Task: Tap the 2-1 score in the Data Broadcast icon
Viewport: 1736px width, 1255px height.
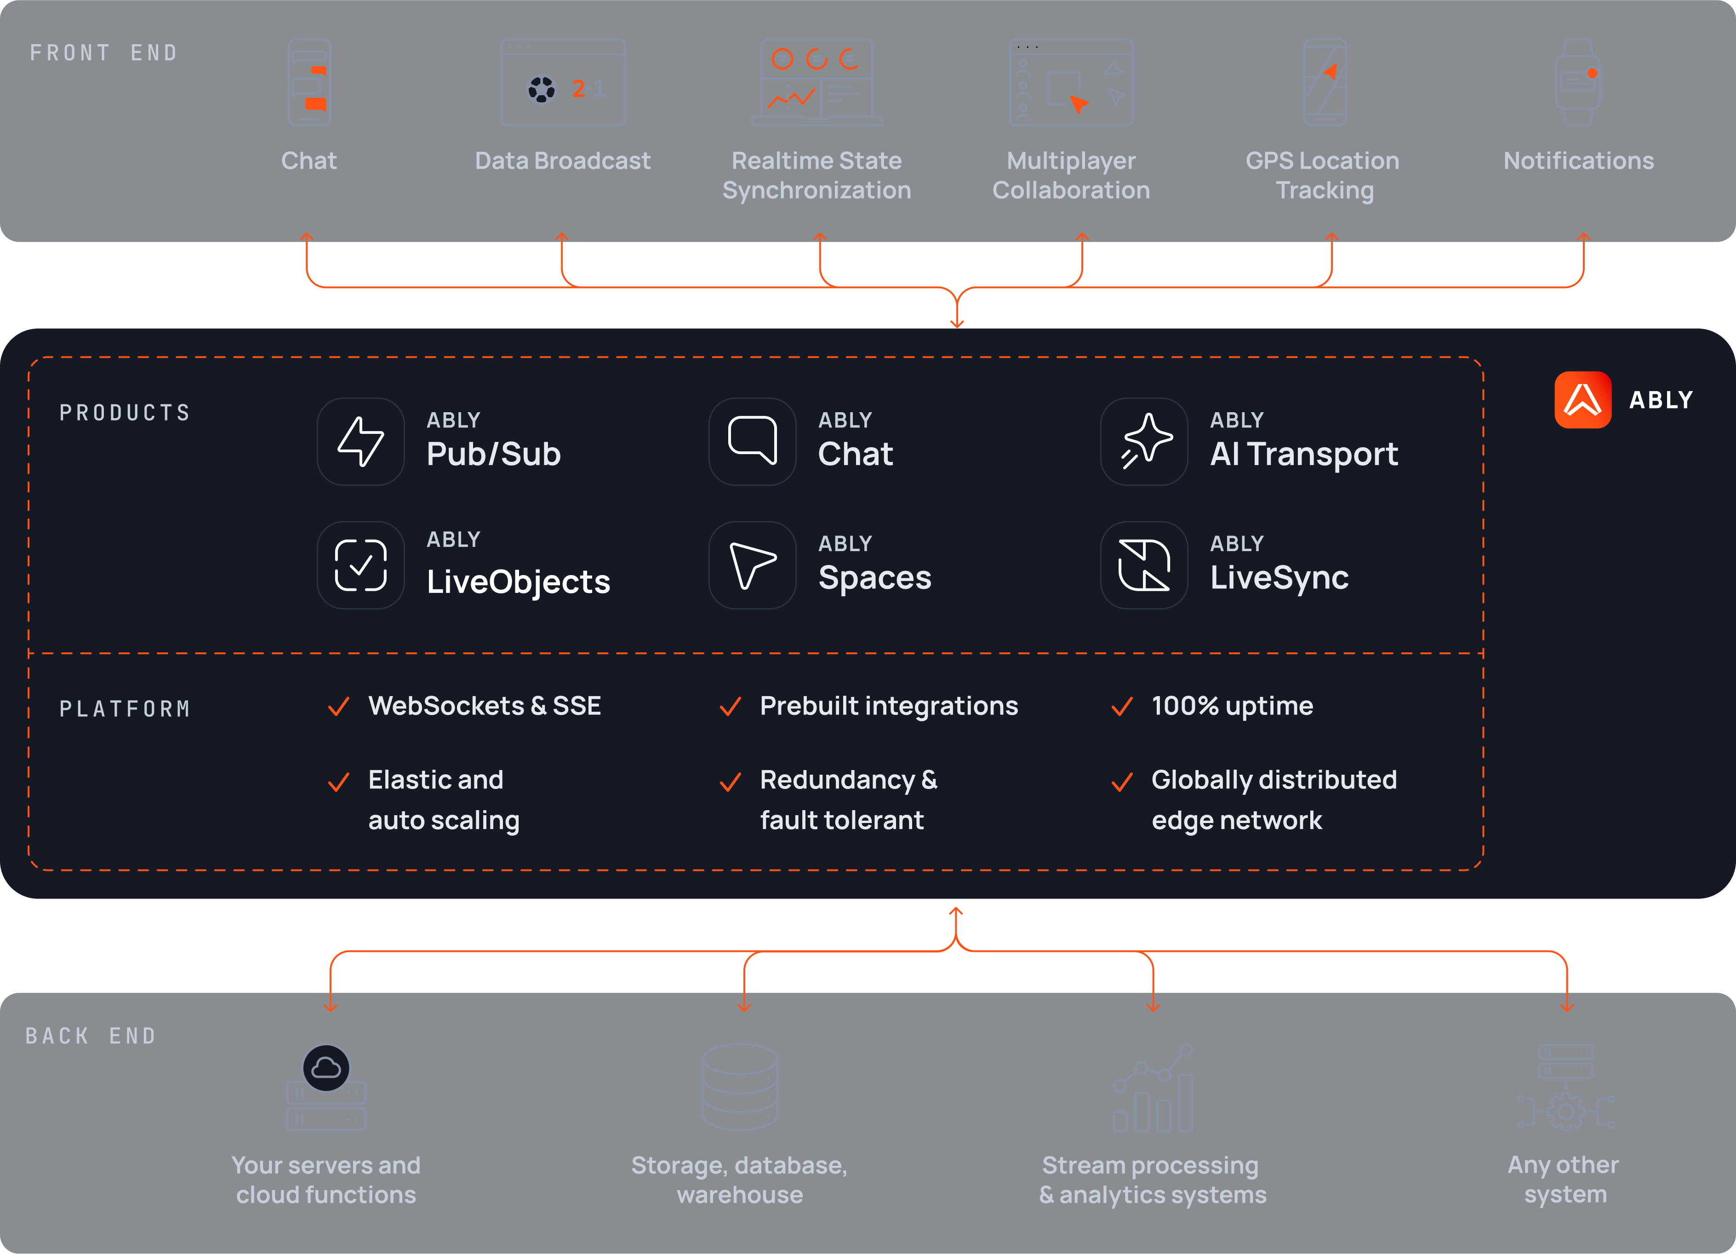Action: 588,89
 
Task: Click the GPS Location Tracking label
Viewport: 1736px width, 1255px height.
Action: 1324,175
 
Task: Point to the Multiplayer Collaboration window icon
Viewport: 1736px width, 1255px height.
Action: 1071,83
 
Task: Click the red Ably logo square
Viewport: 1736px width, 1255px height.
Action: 1582,400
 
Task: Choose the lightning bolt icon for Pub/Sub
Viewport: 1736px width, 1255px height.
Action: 360,441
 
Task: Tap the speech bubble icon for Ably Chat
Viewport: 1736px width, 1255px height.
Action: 753,441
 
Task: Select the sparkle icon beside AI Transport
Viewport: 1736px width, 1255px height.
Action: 1144,441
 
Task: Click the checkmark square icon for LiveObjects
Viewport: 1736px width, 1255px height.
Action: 360,565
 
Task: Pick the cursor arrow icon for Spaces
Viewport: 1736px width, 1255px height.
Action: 753,565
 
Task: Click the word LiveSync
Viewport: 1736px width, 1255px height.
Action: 1279,577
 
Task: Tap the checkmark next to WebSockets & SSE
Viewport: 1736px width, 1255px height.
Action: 338,706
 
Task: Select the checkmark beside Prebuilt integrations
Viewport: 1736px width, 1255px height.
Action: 730,706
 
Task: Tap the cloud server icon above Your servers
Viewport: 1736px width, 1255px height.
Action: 326,1087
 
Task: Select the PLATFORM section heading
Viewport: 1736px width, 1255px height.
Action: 125,709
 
